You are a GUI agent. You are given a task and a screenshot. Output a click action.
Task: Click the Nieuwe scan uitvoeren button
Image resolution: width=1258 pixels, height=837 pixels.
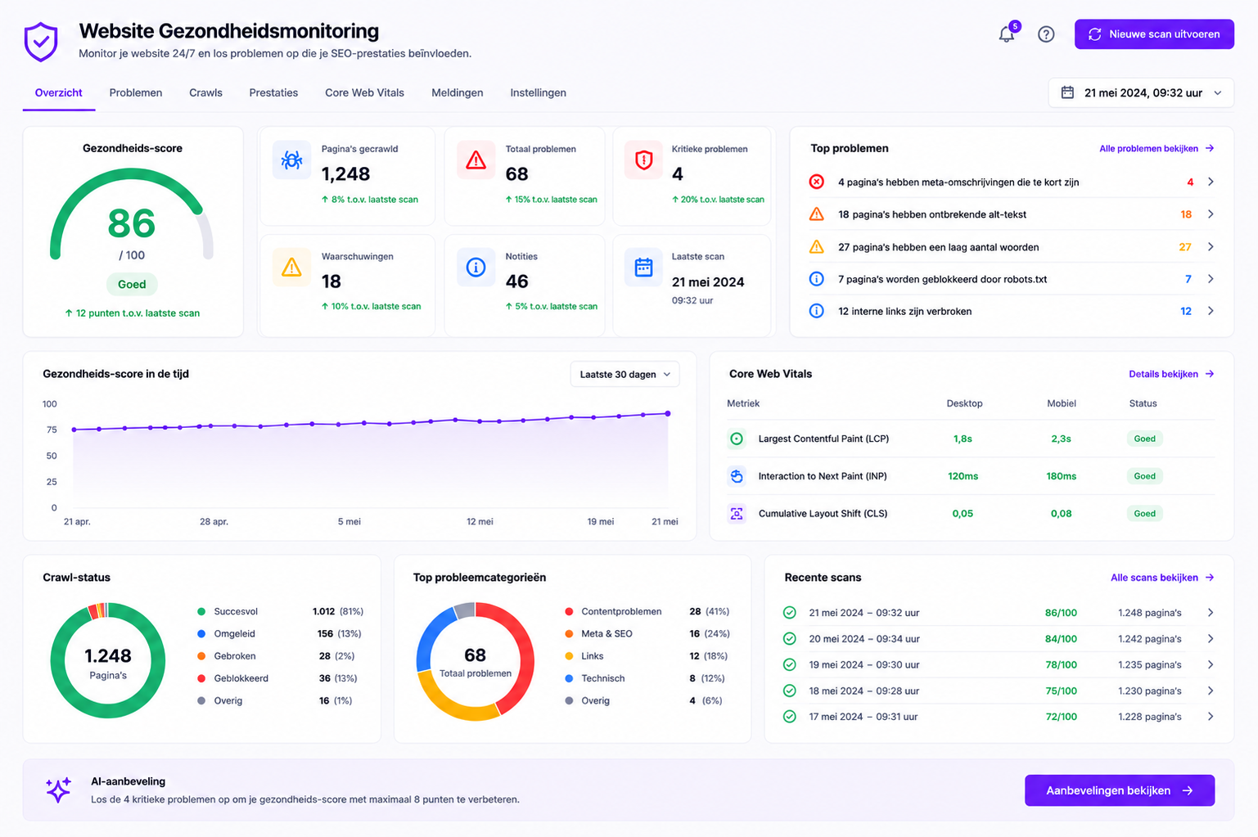coord(1154,34)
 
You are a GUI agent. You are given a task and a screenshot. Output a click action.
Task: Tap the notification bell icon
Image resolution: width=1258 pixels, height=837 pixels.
coord(1007,34)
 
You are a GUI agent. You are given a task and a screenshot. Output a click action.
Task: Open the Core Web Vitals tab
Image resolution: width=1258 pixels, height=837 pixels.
coord(364,92)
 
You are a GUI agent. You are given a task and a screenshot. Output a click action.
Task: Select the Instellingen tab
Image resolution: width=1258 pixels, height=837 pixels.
coord(538,92)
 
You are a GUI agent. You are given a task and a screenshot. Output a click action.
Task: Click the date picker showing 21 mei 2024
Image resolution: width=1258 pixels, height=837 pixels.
coord(1141,92)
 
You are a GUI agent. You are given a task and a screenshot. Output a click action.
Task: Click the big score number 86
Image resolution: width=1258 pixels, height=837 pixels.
coord(132,223)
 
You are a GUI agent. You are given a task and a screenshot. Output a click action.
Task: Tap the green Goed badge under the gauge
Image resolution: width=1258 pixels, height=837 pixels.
coord(132,284)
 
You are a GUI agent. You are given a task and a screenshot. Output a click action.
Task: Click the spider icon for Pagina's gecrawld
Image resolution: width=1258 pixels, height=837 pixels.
coord(291,160)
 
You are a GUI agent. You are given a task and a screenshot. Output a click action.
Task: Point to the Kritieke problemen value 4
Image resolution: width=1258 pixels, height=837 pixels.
coord(678,174)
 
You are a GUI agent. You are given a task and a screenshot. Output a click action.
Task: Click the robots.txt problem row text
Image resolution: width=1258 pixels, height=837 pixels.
coord(942,279)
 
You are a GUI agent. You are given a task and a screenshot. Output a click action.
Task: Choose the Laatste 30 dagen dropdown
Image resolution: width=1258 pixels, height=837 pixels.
coord(624,375)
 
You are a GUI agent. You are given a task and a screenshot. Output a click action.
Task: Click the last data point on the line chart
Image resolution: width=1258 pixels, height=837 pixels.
coord(668,414)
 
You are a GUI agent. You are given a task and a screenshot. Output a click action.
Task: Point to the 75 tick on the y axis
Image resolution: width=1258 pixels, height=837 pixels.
coord(52,430)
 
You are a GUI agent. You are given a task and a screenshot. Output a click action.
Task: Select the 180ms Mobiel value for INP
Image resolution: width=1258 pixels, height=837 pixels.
coord(1061,476)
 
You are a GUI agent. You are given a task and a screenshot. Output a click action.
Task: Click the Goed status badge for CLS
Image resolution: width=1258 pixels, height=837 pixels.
coord(1144,513)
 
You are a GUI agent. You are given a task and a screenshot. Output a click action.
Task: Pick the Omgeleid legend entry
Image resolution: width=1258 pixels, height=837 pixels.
coord(234,634)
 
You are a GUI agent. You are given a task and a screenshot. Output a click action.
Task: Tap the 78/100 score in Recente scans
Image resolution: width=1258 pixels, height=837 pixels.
coord(1061,664)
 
